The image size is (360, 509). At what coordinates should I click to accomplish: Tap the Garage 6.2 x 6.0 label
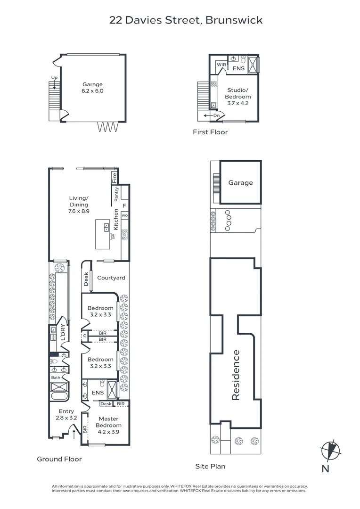[93, 88]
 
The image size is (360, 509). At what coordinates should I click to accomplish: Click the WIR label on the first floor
[221, 65]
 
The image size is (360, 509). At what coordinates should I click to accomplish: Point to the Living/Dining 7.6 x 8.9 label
[79, 205]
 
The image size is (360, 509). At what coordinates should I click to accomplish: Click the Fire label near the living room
[114, 178]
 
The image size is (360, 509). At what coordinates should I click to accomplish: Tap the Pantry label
[116, 195]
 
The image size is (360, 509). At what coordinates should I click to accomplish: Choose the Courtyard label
[111, 278]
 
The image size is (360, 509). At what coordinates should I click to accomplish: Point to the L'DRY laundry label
[62, 334]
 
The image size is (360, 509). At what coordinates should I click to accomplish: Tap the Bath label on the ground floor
[56, 378]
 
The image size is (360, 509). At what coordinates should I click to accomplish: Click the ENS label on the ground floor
[98, 393]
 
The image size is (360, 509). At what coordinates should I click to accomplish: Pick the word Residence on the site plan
[236, 375]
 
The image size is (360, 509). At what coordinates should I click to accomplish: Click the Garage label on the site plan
[240, 183]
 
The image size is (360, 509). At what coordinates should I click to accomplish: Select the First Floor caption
[210, 132]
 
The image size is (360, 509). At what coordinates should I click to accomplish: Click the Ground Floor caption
[59, 459]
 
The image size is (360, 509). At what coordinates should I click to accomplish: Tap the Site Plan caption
[210, 467]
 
